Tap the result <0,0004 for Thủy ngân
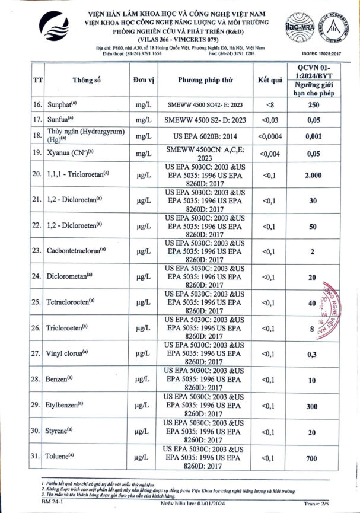point(268,135)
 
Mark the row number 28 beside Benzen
point(36,380)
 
